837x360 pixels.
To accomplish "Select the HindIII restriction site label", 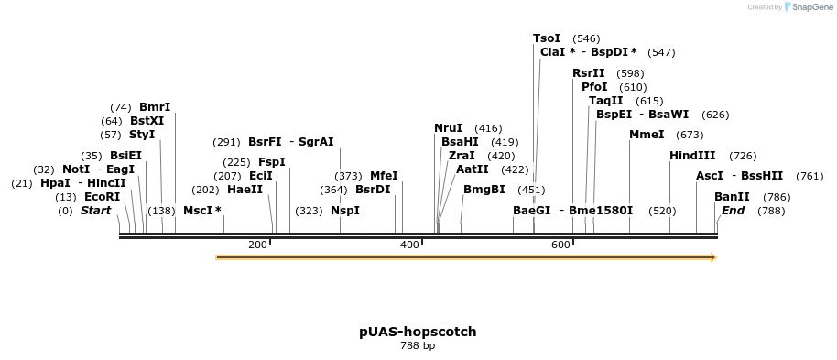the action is point(692,156).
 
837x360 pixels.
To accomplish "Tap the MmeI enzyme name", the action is point(647,135).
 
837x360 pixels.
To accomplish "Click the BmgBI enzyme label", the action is point(484,190).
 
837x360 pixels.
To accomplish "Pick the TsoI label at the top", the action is point(547,38).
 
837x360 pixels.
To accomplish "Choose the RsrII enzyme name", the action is point(589,73).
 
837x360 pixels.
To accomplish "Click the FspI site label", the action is point(272,162).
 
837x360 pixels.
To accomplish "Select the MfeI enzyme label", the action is point(384,176).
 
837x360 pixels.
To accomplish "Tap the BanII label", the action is point(732,197).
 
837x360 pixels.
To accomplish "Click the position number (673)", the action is point(690,136).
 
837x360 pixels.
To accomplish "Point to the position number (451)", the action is point(532,191).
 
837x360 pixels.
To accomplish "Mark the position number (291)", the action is point(226,142).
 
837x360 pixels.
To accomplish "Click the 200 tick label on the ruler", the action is point(257,245).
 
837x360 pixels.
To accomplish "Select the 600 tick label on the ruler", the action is point(560,245).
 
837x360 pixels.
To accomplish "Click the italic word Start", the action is point(95,211).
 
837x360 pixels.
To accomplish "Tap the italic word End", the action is point(733,211).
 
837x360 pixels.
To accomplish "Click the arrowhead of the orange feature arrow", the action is point(713,257).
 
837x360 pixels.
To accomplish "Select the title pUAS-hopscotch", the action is point(418,332).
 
